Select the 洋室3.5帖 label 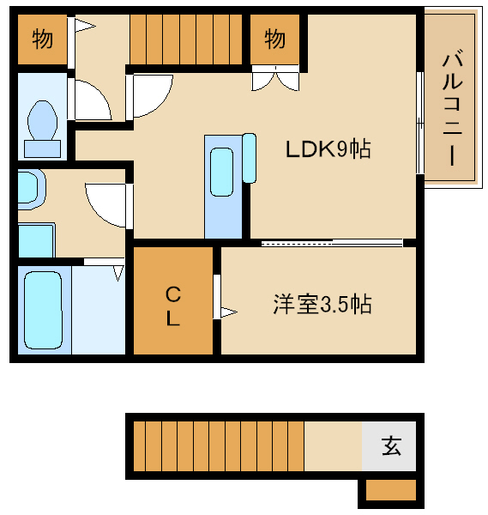click(322, 304)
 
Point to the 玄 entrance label click(391, 446)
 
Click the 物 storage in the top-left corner click(40, 39)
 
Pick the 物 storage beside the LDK click(274, 39)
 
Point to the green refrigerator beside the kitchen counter click(250, 157)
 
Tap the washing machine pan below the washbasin click(36, 240)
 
